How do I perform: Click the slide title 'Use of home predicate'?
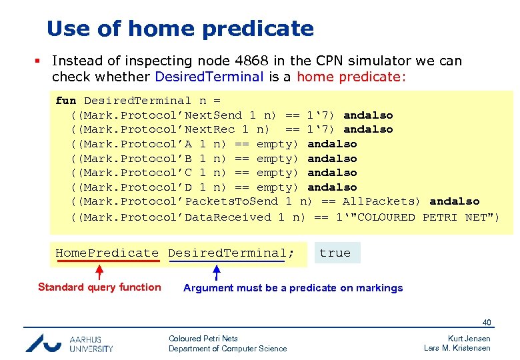pyautogui.click(x=180, y=29)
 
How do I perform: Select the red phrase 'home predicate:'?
pyautogui.click(x=351, y=77)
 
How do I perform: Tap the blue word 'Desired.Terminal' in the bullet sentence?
pyautogui.click(x=209, y=77)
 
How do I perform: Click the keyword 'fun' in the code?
pyautogui.click(x=65, y=101)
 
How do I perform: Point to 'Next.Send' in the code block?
pyautogui.click(x=213, y=115)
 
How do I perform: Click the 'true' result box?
pyautogui.click(x=335, y=253)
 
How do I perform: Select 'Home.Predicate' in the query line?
pyautogui.click(x=107, y=253)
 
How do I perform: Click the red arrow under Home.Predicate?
pyautogui.click(x=99, y=271)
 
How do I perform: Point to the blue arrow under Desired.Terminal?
pyautogui.click(x=216, y=271)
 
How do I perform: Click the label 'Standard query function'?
pyautogui.click(x=99, y=287)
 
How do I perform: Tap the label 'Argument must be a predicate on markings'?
pyautogui.click(x=293, y=288)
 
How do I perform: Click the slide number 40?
pyautogui.click(x=487, y=323)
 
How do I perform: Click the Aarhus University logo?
pyautogui.click(x=69, y=343)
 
